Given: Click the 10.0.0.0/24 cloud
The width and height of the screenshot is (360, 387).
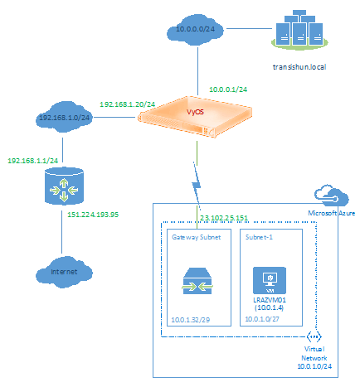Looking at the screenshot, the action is tap(195, 30).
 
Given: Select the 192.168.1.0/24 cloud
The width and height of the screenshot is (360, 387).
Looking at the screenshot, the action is tap(64, 117).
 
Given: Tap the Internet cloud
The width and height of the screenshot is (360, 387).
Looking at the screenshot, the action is tap(64, 272).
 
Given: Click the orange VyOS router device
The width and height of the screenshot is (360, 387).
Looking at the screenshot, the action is tap(196, 116).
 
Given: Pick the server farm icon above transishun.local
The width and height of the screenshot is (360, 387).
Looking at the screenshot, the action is tap(299, 30).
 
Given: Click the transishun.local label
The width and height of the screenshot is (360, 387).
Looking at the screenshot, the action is tap(299, 67).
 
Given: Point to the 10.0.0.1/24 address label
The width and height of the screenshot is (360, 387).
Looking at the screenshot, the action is tap(228, 89).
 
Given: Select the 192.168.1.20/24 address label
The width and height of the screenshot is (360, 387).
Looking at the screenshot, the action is tap(127, 104).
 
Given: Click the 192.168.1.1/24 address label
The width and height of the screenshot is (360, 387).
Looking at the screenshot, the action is tap(33, 161).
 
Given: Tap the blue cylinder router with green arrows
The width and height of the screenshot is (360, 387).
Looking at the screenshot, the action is tap(64, 186).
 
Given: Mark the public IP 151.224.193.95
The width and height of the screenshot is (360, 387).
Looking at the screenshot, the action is tap(93, 215).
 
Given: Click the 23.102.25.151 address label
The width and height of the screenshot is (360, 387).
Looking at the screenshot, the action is tap(224, 218).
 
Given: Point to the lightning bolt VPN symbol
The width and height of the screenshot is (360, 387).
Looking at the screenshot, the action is tap(197, 185).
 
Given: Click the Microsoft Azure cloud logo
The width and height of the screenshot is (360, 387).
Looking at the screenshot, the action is tap(331, 196).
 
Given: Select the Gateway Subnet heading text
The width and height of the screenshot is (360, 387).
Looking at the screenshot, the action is tap(197, 237).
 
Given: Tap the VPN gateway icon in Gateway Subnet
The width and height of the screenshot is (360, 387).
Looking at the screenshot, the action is tap(197, 281).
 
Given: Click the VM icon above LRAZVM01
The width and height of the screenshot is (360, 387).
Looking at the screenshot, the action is tap(270, 280).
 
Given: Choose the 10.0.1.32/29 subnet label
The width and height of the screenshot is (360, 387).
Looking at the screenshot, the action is tap(191, 320).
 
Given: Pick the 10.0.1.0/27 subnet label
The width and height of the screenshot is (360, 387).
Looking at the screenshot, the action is tap(262, 319).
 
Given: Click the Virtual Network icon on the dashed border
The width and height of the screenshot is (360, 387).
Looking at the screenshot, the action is tap(314, 336).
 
